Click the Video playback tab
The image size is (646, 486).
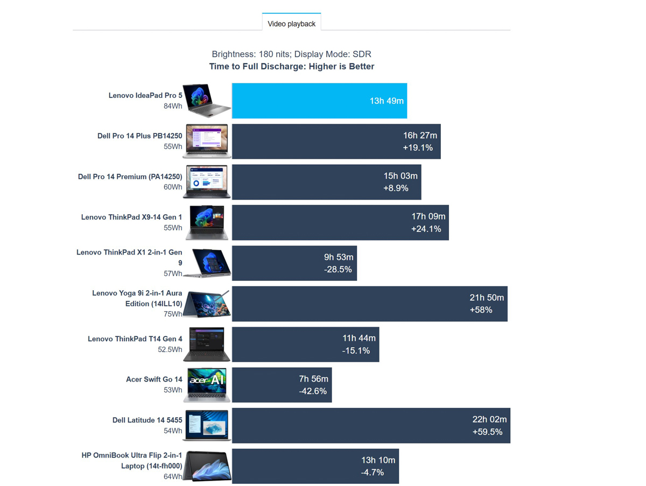point(291,24)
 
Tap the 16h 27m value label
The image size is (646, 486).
point(420,136)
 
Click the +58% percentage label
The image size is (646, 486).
point(481,310)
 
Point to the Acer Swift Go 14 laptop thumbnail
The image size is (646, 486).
point(207,384)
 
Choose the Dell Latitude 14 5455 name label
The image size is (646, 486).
point(148,420)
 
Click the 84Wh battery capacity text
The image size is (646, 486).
point(173,106)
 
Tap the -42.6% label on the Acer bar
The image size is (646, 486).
point(313,391)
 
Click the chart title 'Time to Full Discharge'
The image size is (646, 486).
point(291,67)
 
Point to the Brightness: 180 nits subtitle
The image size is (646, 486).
point(291,54)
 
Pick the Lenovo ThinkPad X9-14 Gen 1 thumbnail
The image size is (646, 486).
point(207,222)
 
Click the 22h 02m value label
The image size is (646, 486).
point(489,419)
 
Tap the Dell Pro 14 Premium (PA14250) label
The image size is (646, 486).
point(130,177)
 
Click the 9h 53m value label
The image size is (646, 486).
point(338,257)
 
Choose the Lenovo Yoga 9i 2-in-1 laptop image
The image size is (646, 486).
point(207,304)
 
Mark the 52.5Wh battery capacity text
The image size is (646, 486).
point(170,349)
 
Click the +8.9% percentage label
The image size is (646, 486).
point(396,188)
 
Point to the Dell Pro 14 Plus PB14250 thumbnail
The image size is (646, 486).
point(206,141)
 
